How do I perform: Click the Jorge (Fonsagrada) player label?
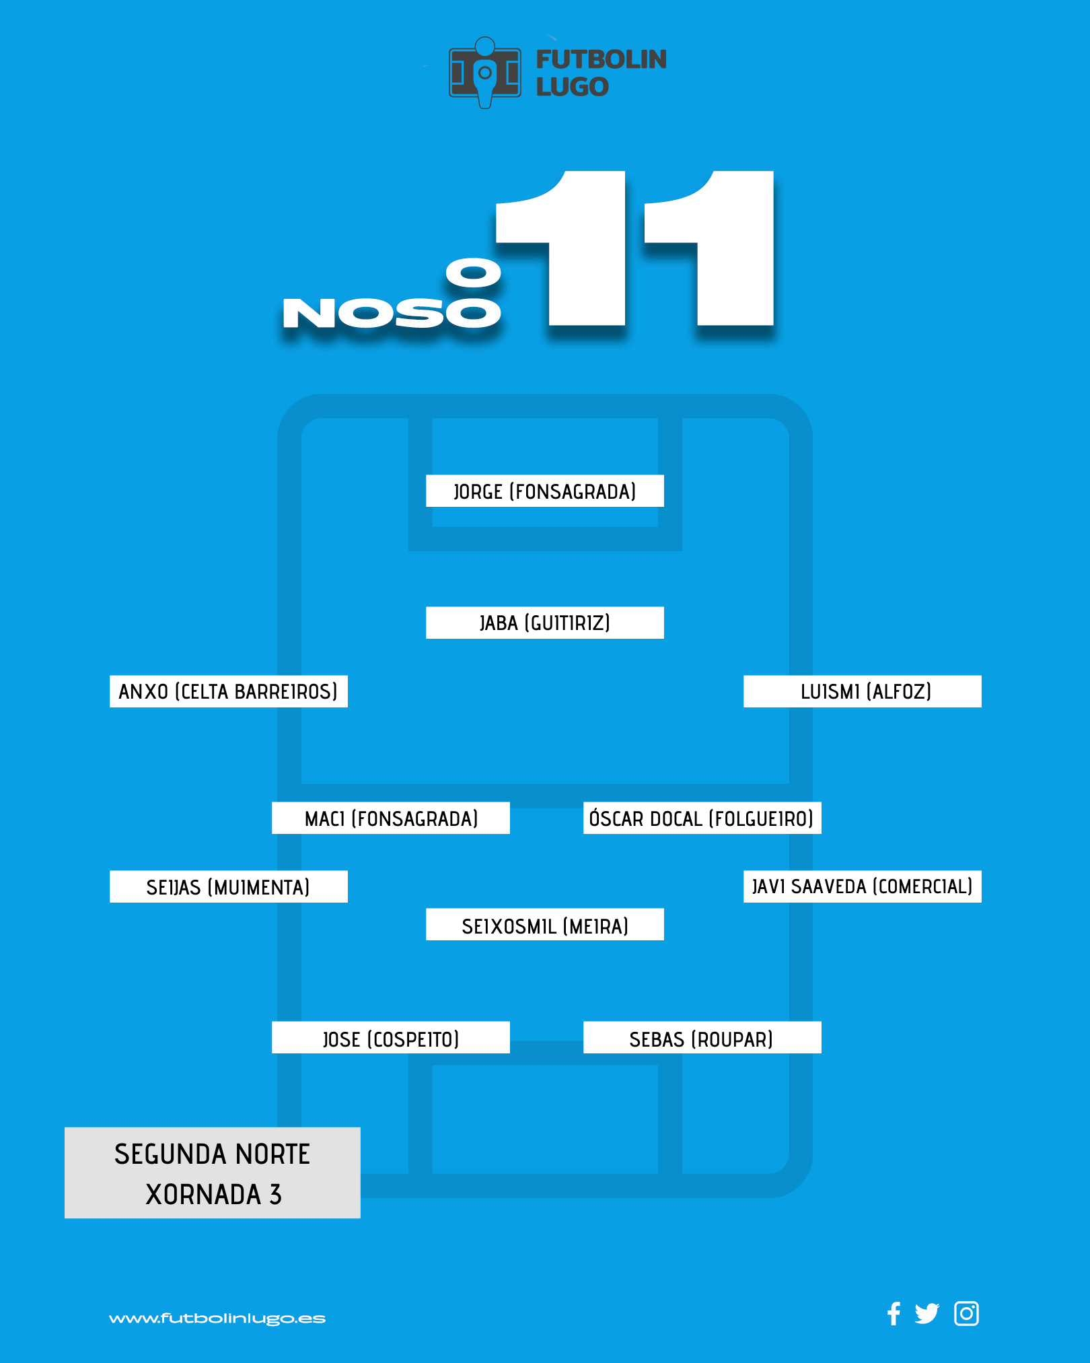pos(545,491)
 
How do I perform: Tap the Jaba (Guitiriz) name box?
pos(545,623)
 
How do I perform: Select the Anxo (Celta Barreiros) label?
pos(229,691)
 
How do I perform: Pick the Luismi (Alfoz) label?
pos(863,691)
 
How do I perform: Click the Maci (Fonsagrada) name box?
pos(391,818)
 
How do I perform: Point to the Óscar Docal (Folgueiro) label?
pos(702,818)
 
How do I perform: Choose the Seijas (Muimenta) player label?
pos(229,886)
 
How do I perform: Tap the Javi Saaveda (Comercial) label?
pos(863,886)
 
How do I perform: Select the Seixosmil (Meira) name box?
pos(545,924)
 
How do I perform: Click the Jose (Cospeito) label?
pos(391,1037)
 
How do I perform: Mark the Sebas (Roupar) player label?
pos(702,1037)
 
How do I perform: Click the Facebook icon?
pos(894,1313)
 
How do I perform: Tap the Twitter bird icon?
pos(926,1313)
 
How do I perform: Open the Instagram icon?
pos(966,1313)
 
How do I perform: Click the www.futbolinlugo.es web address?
pos(217,1319)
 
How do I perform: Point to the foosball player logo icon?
pos(485,72)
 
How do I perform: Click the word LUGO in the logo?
pos(573,87)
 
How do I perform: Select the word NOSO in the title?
pos(392,314)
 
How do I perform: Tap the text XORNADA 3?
pos(213,1195)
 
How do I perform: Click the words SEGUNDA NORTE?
pos(212,1154)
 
